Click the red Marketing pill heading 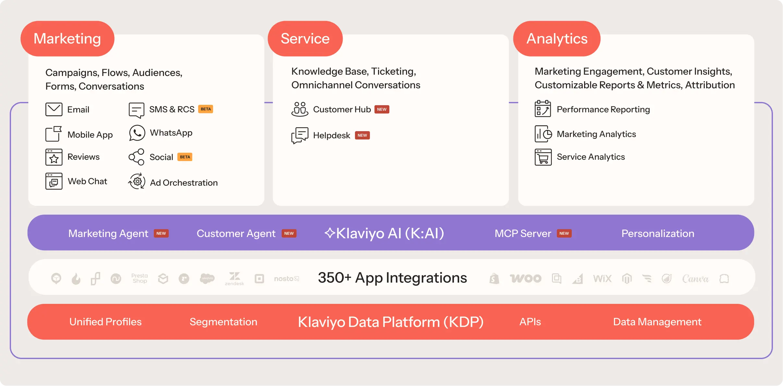click(67, 39)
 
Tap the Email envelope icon click(54, 109)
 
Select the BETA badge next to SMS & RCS click(206, 109)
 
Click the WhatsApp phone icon click(137, 133)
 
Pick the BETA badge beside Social click(185, 157)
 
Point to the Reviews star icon click(54, 157)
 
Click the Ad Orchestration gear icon click(137, 181)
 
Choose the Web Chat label click(87, 181)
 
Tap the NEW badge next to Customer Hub click(382, 109)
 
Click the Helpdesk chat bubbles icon click(300, 135)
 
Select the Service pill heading click(305, 39)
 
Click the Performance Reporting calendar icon click(543, 109)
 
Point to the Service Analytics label click(591, 157)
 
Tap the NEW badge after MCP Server click(564, 233)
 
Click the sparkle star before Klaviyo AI click(330, 233)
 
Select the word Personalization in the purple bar click(658, 233)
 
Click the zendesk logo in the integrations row click(234, 279)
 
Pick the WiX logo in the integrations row click(602, 279)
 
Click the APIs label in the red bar click(530, 322)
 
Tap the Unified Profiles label click(105, 322)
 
